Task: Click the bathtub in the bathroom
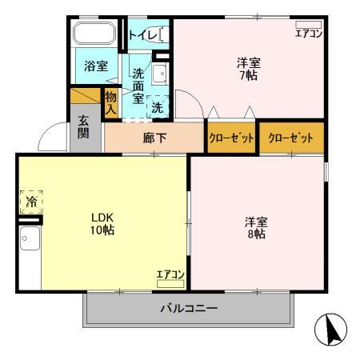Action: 94,33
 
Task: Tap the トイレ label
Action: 143,35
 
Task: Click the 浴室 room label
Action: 96,66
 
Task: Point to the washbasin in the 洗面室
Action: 160,74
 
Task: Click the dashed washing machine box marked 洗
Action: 158,106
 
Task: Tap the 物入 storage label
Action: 110,102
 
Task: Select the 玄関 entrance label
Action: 83,127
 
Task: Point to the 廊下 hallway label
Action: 154,138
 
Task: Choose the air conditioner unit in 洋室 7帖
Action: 309,25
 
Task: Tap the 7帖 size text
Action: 249,75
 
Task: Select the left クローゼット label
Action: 231,138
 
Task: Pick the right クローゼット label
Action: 290,138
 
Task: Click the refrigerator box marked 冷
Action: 31,202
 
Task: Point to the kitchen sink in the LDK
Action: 30,238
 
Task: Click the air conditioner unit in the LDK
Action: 170,284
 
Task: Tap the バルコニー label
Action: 189,309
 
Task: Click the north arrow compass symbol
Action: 330,330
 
